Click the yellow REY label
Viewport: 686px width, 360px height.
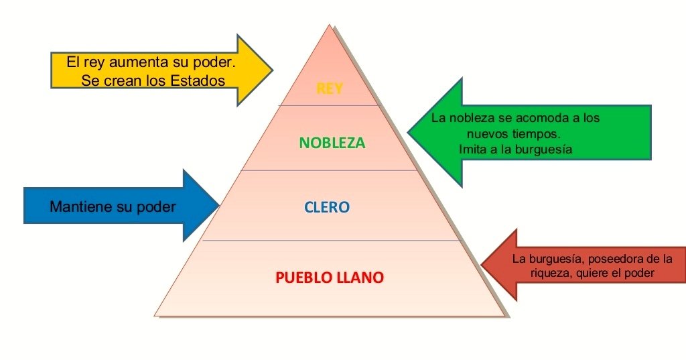click(x=330, y=88)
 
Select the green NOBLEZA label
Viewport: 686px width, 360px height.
click(x=332, y=143)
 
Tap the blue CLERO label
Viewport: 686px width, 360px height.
click(x=327, y=207)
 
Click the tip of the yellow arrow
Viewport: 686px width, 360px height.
click(x=271, y=70)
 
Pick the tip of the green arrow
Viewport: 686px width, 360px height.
click(x=409, y=131)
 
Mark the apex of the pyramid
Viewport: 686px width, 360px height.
click(x=330, y=25)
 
